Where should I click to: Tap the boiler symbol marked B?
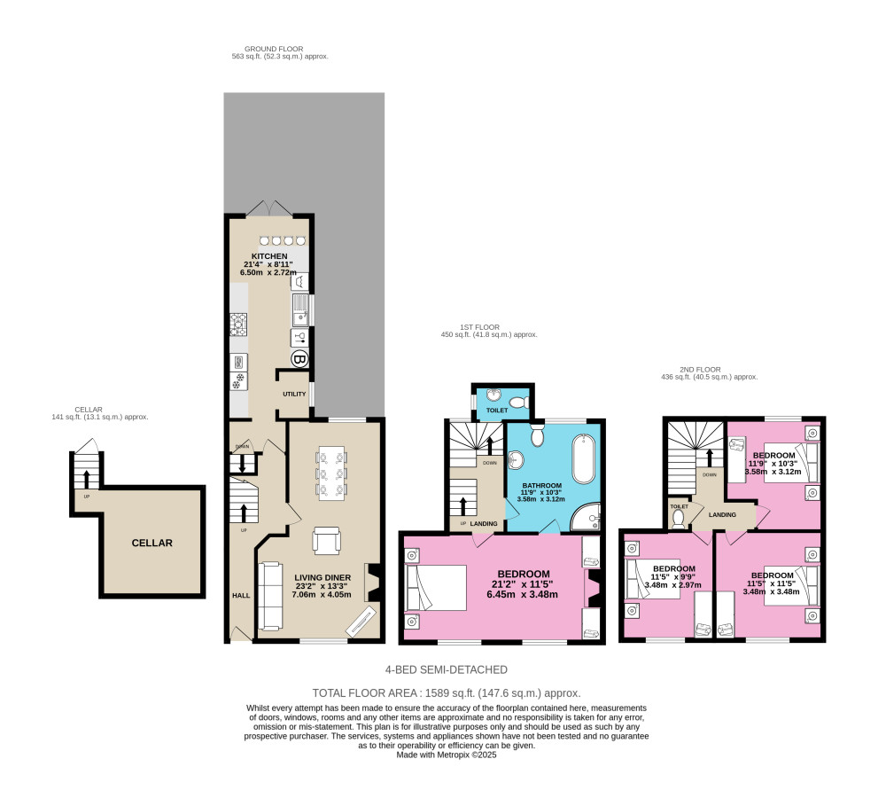point(299,360)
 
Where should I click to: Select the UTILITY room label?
point(294,393)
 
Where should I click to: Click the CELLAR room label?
point(152,543)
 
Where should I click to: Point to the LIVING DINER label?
point(323,577)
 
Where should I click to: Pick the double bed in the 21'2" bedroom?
point(435,588)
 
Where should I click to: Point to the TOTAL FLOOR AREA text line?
point(447,692)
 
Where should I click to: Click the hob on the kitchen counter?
point(238,325)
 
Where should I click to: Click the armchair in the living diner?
point(325,540)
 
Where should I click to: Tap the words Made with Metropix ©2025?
point(447,755)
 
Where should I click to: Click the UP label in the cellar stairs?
point(86,496)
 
